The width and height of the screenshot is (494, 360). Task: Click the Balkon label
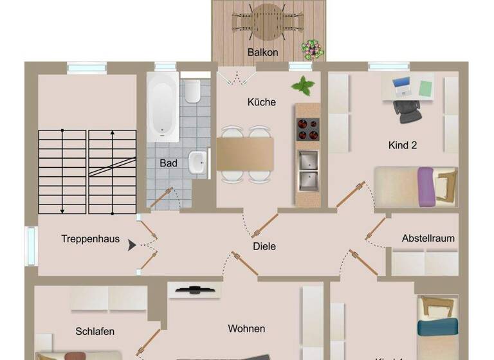coord(262,52)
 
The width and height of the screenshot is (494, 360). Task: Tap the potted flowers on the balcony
coord(312,49)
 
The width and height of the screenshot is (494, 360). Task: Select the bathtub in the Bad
coord(163,106)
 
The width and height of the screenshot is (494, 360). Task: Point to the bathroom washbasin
coord(197,161)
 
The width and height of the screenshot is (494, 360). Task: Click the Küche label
coord(262,102)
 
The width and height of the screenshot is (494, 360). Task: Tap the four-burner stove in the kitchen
coord(307,130)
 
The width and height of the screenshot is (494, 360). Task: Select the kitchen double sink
coord(307,170)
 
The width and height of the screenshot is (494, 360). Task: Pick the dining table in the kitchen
coord(244,153)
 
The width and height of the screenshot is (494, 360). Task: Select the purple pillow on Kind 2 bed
coord(425,186)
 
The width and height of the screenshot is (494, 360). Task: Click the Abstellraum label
coord(428,238)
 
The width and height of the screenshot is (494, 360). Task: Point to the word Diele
coord(264,246)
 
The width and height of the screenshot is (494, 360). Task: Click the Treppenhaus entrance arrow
coord(133,245)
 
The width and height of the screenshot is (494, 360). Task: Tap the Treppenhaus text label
coord(90,239)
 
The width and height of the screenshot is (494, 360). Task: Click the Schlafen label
coord(95,332)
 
